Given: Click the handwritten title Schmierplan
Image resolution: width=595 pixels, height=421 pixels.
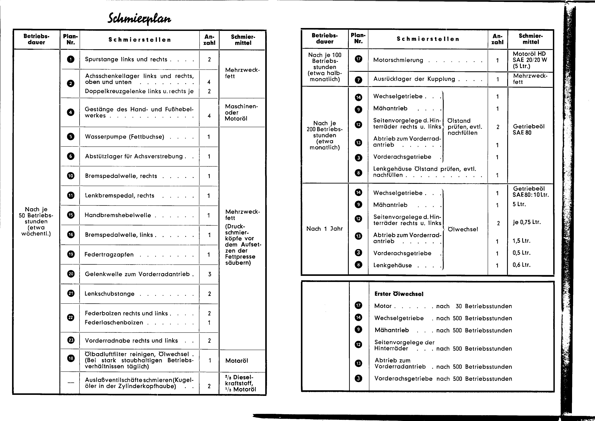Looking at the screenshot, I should [x=139, y=19].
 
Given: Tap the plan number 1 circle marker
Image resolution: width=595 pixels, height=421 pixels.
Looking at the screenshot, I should [x=70, y=59].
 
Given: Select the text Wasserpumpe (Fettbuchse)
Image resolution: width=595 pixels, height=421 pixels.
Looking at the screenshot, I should [x=124, y=137].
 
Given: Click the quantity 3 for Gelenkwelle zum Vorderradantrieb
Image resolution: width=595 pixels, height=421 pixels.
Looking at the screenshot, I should [x=210, y=274].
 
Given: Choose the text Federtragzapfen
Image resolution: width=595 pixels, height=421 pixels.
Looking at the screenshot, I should [x=109, y=255].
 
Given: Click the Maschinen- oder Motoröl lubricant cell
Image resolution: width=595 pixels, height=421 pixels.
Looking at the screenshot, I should [x=241, y=113].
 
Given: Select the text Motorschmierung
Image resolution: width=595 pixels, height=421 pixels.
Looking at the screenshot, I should [x=398, y=60].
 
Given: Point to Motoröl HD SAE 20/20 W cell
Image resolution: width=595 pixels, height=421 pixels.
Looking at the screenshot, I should [x=529, y=60].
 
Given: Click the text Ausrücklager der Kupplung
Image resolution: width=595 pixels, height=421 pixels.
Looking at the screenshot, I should [x=414, y=79].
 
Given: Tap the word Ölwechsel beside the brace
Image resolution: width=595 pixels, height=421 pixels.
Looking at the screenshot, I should [x=463, y=229].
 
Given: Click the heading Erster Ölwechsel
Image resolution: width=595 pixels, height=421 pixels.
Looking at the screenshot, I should [x=399, y=294].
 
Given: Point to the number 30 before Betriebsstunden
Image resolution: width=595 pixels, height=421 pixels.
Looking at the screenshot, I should [x=459, y=306].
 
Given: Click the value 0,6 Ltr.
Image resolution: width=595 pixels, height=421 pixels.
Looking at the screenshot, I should [x=521, y=265].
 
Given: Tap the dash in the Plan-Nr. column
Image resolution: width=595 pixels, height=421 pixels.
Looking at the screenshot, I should [x=70, y=383].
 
